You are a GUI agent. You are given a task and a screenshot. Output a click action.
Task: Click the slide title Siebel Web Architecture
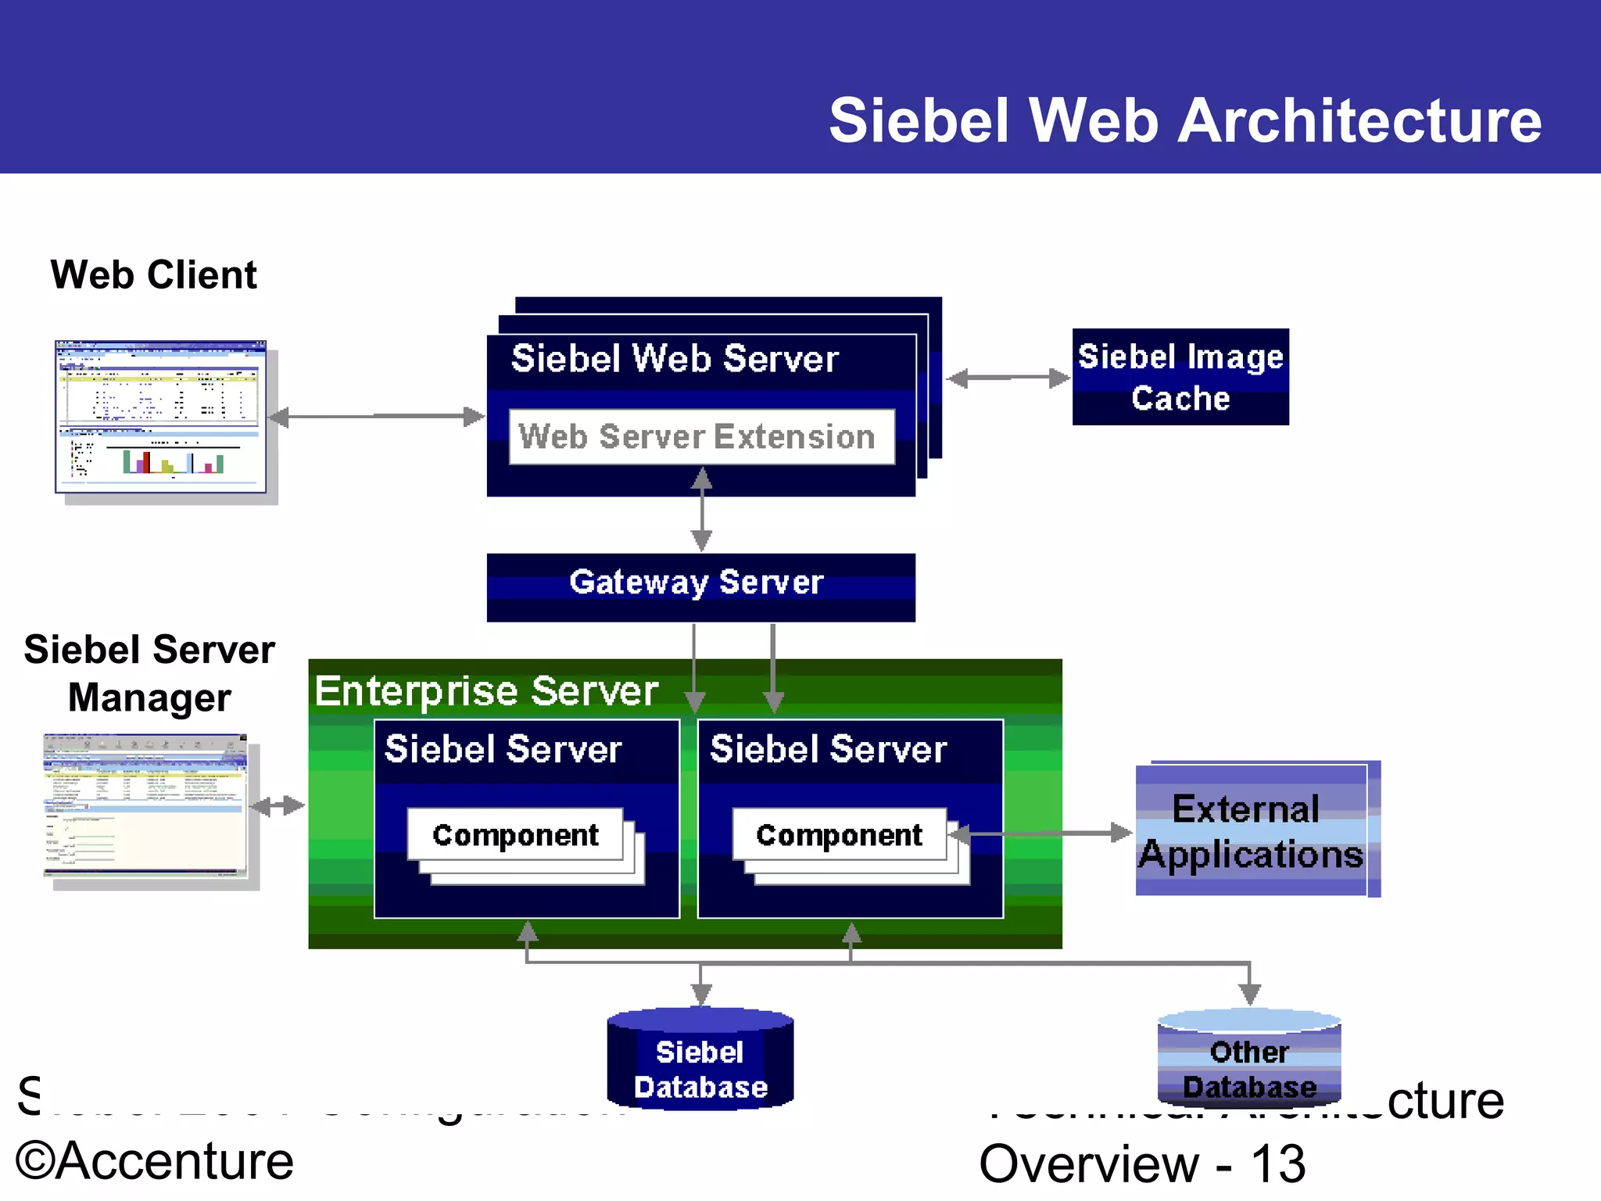click(1184, 121)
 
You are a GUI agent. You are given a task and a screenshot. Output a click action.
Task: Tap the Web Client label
click(154, 275)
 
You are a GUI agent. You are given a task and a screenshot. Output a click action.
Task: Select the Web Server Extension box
click(700, 436)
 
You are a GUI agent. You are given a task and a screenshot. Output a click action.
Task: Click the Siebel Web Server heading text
click(674, 359)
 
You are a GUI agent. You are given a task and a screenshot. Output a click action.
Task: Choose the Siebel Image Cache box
click(1180, 377)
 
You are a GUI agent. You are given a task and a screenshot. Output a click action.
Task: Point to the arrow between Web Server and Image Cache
click(1008, 378)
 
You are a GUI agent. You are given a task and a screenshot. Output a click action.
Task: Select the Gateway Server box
click(700, 586)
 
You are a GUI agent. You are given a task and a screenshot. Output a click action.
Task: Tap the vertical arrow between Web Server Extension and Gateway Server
click(701, 510)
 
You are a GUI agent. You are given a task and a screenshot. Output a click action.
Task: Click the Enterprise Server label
click(486, 691)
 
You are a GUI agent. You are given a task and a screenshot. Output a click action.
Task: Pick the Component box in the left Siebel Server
click(515, 835)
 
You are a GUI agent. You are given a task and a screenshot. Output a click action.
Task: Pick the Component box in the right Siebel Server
click(840, 835)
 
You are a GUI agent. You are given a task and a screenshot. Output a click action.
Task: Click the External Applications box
click(1251, 830)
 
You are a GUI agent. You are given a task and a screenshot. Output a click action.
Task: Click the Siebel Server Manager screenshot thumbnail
click(145, 805)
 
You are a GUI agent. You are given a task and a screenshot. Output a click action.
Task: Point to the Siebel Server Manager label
click(149, 673)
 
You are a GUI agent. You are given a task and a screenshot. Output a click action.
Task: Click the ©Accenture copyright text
click(155, 1161)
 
